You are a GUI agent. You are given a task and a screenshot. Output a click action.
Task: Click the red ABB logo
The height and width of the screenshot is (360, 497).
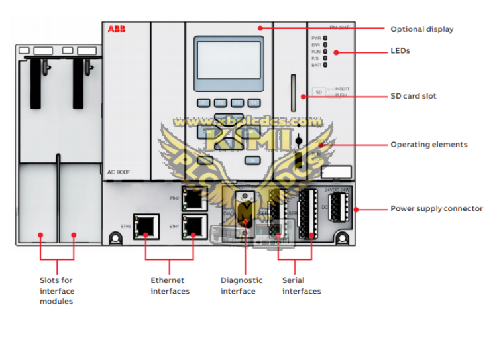117,29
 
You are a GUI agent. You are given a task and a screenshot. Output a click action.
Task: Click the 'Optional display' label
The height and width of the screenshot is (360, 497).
421,29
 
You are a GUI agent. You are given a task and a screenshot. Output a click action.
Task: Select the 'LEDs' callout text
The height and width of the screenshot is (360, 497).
400,51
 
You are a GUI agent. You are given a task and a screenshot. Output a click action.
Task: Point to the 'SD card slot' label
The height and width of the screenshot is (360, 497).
413,96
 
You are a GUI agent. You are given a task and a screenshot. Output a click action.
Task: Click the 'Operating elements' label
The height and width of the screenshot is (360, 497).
428,145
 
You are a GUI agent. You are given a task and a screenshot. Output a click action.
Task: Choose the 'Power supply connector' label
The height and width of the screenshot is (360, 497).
436,209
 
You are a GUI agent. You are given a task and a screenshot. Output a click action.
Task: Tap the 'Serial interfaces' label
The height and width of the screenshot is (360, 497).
302,286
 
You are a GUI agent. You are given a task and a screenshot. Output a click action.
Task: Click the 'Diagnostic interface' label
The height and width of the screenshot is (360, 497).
241,286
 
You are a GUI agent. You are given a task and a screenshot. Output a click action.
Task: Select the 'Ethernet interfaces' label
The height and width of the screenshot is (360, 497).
170,286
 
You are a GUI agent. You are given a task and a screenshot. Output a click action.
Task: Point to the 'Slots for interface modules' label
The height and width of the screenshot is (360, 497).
57,291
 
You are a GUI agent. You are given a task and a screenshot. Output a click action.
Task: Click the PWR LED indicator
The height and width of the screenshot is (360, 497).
325,38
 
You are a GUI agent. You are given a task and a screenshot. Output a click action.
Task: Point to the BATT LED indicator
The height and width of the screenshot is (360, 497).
325,65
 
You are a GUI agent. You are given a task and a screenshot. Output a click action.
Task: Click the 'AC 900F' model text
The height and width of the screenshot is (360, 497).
120,172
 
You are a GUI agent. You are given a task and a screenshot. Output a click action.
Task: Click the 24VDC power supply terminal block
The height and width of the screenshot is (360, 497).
339,208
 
